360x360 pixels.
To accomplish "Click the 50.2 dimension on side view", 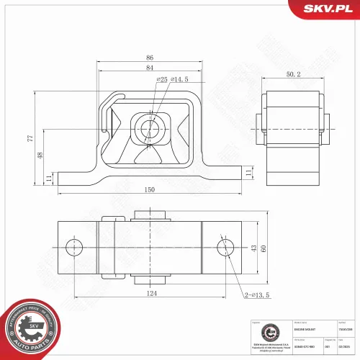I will (294, 73).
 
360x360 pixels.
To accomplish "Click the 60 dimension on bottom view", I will (264, 248).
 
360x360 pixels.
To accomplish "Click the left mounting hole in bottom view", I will (73, 248).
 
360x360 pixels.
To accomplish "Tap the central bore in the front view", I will (150, 129).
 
